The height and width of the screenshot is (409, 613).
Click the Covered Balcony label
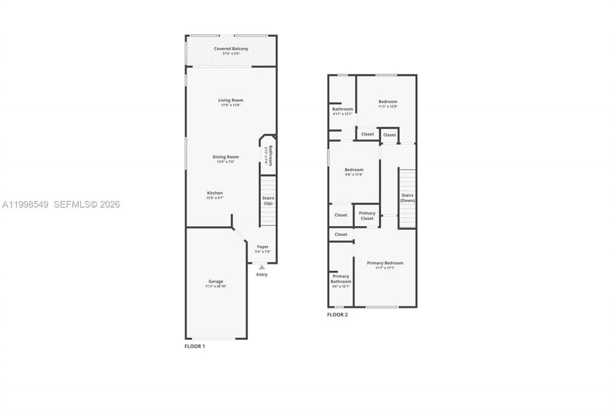click(231, 49)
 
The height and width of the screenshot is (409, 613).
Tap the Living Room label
click(231, 100)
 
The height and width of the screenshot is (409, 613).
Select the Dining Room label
click(226, 157)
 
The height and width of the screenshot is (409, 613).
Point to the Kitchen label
click(215, 193)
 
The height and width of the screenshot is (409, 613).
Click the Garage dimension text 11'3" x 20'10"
click(216, 286)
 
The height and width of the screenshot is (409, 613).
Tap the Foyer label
click(262, 246)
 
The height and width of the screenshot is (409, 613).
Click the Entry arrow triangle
click(261, 267)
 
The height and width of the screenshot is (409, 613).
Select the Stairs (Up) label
click(268, 200)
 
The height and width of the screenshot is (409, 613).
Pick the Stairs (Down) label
click(408, 198)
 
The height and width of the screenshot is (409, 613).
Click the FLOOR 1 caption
click(195, 346)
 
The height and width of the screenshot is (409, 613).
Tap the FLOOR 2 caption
click(337, 315)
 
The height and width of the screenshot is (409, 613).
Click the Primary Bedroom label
click(385, 263)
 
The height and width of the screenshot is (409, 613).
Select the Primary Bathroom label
click(341, 279)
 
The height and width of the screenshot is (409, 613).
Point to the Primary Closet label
click(367, 216)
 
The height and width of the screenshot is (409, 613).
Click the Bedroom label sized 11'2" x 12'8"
click(388, 102)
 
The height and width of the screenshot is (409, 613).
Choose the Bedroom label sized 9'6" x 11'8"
click(354, 170)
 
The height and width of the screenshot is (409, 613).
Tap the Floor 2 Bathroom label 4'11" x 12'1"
click(342, 109)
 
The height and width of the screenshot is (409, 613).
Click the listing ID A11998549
click(25, 205)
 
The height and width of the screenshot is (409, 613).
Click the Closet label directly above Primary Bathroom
click(341, 234)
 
